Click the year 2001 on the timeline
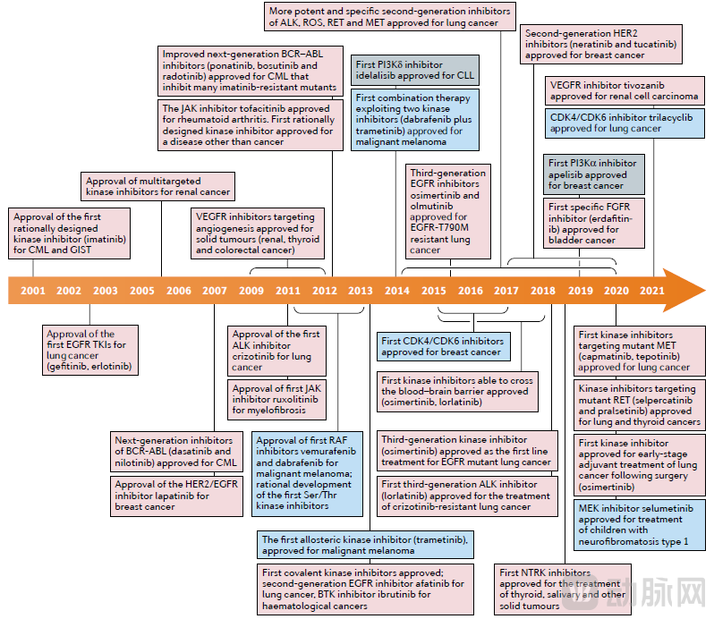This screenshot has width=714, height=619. click(x=32, y=292)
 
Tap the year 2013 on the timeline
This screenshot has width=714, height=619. click(x=361, y=292)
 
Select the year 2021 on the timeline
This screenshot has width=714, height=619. click(x=652, y=292)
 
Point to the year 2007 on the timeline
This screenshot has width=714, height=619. click(x=215, y=292)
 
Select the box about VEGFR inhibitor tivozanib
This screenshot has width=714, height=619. click(x=623, y=90)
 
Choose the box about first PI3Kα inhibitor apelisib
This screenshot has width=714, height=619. click(x=592, y=174)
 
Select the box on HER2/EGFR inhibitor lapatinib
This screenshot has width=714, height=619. click(x=177, y=496)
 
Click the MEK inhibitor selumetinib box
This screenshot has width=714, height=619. click(x=636, y=524)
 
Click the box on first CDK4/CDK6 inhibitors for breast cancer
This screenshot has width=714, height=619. click(x=443, y=346)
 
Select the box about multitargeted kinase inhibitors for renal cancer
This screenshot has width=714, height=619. click(x=158, y=186)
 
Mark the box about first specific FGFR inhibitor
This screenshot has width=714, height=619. click(x=592, y=223)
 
